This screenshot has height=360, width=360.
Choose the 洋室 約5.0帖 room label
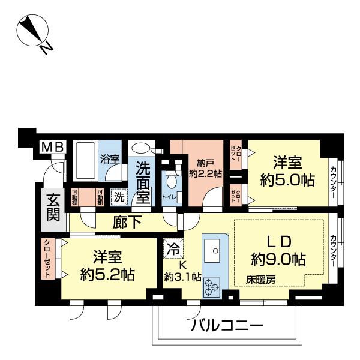click(x=287, y=170)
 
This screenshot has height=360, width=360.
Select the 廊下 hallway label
click(x=127, y=223)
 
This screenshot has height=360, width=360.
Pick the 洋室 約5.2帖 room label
click(x=107, y=266)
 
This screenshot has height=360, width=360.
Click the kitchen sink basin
click(x=212, y=247)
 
